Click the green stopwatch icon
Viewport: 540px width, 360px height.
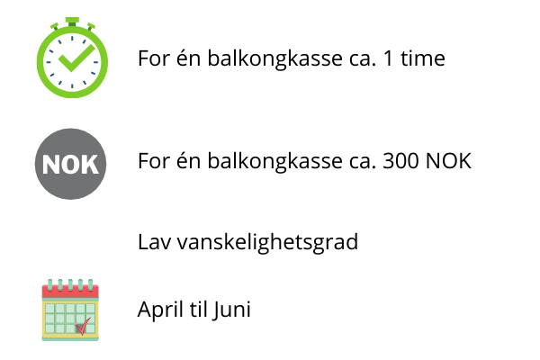72,58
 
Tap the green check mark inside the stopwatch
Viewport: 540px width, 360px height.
76,58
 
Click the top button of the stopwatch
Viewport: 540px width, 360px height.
72,22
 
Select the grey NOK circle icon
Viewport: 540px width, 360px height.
70,164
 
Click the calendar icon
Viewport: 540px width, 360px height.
70,310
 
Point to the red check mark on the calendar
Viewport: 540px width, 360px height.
84,326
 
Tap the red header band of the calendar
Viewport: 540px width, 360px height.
70,292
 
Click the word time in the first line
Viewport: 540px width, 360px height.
423,58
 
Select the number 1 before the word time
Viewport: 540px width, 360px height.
388,58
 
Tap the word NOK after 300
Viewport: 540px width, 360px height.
448,161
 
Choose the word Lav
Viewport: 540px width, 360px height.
154,242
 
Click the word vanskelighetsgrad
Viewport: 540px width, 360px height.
267,242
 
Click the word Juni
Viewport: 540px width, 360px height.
231,310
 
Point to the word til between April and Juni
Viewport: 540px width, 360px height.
198,309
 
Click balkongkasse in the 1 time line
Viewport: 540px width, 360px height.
275,58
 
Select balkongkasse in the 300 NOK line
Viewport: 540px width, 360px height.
275,161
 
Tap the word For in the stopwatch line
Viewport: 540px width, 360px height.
154,58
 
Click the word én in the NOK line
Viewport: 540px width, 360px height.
188,160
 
